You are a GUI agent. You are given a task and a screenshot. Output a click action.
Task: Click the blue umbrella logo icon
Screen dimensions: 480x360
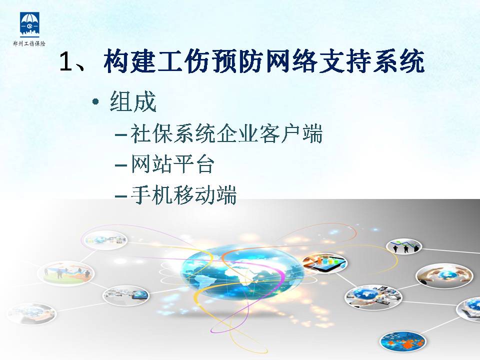(x=29, y=23)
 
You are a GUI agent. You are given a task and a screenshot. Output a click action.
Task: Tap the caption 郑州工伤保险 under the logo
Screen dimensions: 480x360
(x=29, y=44)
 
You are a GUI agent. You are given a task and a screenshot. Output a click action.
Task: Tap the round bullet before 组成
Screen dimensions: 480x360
(x=96, y=102)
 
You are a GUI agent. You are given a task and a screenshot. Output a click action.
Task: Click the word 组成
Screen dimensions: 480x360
(x=133, y=101)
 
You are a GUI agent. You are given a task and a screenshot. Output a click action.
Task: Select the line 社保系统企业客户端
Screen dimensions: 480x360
(x=226, y=133)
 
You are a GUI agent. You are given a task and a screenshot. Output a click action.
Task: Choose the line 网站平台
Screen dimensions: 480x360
(x=172, y=164)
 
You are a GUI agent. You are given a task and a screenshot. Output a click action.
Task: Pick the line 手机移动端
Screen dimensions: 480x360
(x=183, y=195)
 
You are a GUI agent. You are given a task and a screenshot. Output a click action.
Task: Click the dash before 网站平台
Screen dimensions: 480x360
(x=121, y=165)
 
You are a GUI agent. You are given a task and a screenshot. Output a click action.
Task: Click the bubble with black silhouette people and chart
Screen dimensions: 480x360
(x=404, y=246)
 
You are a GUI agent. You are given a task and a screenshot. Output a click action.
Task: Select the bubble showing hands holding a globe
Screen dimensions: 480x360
(x=444, y=275)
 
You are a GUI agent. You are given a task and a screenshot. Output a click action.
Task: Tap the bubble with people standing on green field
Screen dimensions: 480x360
(x=66, y=273)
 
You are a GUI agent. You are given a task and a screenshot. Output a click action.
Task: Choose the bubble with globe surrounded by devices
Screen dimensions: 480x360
(x=373, y=297)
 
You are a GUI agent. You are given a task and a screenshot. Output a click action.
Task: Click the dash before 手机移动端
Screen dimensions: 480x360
(x=121, y=196)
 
